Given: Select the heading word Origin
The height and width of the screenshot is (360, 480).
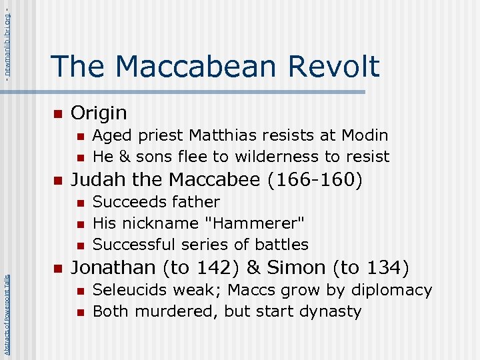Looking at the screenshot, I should point(99,113).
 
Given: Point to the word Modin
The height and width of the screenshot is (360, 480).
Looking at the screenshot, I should point(365,135).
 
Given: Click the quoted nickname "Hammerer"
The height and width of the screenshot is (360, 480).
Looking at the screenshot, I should point(267,223).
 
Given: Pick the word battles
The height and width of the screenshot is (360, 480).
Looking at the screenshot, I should point(280,245).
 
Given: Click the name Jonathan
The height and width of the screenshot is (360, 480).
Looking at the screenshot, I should point(111,268).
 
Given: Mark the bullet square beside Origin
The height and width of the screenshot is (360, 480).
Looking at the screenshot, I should point(58,113).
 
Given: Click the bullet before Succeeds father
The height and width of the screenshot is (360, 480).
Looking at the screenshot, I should point(80,202).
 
